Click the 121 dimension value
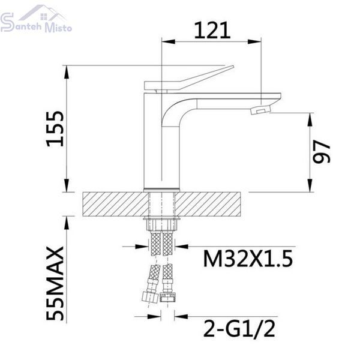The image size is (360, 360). coord(212,31)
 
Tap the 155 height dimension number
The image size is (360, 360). coord(55,129)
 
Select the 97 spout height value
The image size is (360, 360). coord(322,152)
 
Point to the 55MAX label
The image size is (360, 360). coord(55,283)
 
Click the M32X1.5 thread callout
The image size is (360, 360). coord(248,259)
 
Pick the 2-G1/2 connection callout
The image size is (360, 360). coord(239,329)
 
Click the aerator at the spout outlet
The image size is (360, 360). coord(260,110)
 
